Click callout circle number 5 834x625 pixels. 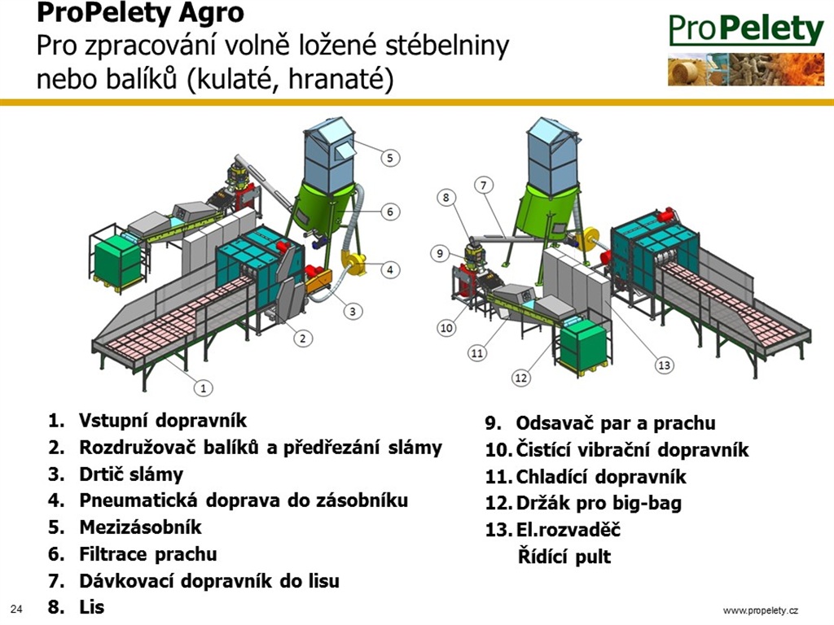point(390,158)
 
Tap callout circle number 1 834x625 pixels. point(203,388)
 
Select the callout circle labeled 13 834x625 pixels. point(665,365)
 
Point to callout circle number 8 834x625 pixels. point(446,198)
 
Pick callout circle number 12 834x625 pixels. point(520,378)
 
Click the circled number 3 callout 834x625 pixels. point(353,311)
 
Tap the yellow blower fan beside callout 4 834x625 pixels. point(354,261)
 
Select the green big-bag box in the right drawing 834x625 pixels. point(583,345)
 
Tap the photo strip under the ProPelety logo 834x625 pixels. point(746,69)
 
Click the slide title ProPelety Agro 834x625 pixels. point(140,13)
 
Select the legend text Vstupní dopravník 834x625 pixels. point(163,421)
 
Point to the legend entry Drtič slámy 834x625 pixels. point(131,474)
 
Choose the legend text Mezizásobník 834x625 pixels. point(140,527)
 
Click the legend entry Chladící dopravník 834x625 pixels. point(601,476)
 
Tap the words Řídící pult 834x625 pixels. point(564,557)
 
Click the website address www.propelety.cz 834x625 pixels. point(761,610)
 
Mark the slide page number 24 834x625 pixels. point(16,609)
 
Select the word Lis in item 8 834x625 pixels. point(91,607)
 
